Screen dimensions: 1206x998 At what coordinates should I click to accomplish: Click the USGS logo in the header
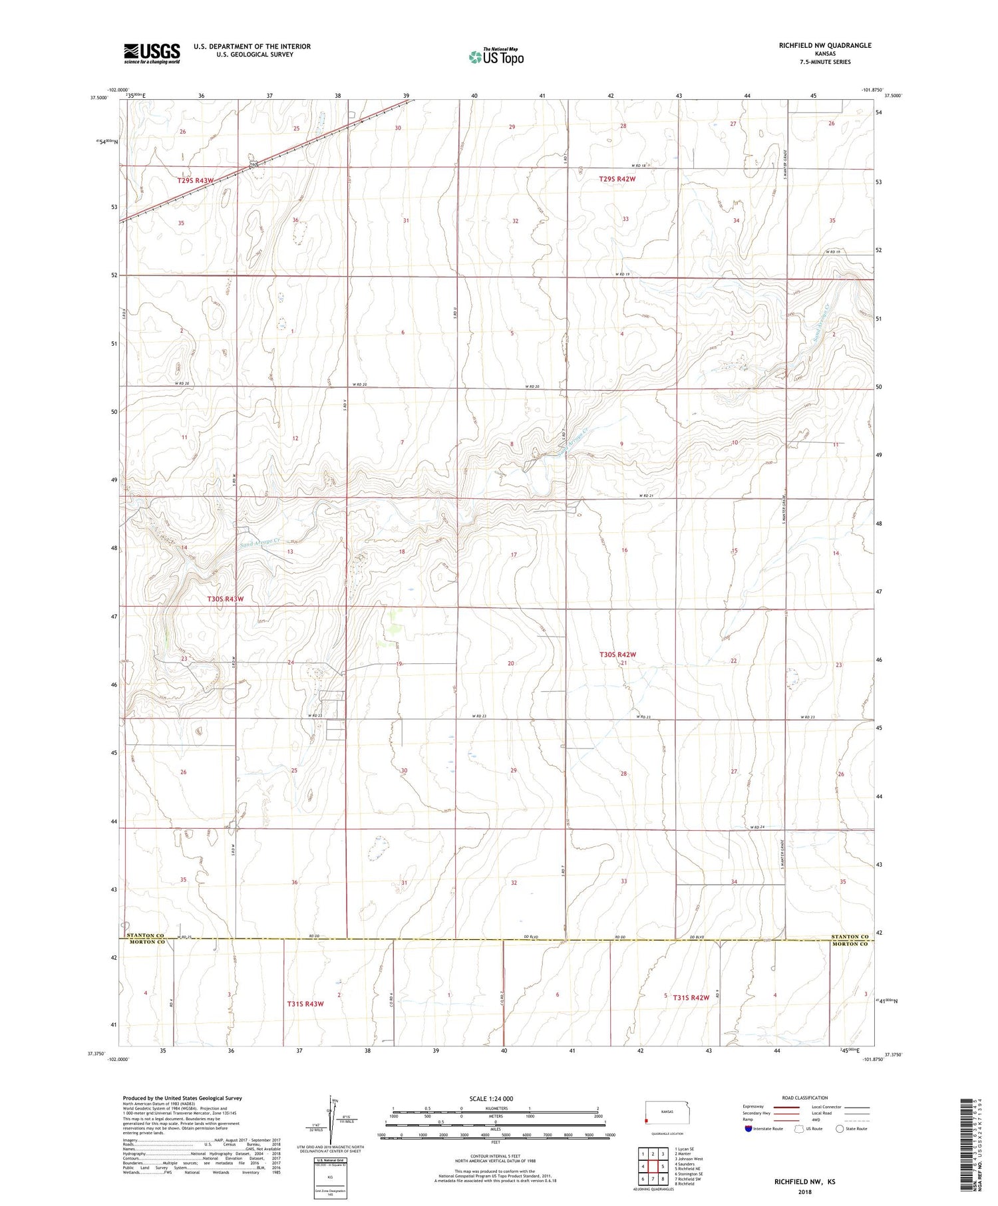pyautogui.click(x=152, y=53)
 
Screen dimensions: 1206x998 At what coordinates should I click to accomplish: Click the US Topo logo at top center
pyautogui.click(x=496, y=57)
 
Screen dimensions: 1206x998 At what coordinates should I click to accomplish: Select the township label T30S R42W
pyautogui.click(x=618, y=655)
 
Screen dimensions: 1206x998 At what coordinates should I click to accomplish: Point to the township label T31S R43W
pyautogui.click(x=305, y=1003)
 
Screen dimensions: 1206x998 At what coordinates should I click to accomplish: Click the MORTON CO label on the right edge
pyautogui.click(x=850, y=944)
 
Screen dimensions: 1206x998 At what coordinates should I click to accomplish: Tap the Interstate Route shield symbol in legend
pyautogui.click(x=749, y=1128)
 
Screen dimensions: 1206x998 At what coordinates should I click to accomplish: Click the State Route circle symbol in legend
pyautogui.click(x=840, y=1128)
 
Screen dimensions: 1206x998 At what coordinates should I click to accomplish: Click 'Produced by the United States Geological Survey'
pyautogui.click(x=182, y=1098)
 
